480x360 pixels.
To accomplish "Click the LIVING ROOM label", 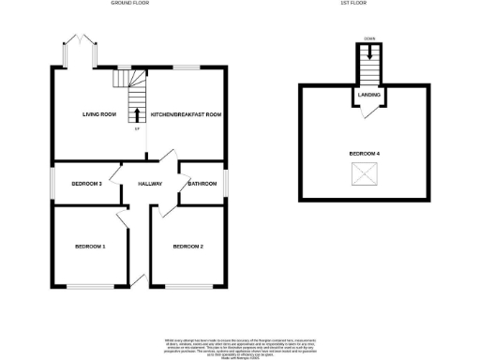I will pyautogui.click(x=98, y=114).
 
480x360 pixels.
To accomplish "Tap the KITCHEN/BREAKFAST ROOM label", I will pyautogui.click(x=186, y=114).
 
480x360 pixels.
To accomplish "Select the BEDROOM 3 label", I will pyautogui.click(x=86, y=183).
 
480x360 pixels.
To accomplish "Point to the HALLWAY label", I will pyautogui.click(x=150, y=183).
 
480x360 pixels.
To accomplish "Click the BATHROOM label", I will pyautogui.click(x=202, y=183).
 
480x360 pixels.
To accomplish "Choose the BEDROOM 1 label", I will pyautogui.click(x=90, y=247).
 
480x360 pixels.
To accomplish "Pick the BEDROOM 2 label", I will pyautogui.click(x=187, y=247).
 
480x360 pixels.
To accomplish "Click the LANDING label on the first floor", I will pyautogui.click(x=367, y=94).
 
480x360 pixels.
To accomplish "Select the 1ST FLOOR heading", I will pyautogui.click(x=353, y=4).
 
